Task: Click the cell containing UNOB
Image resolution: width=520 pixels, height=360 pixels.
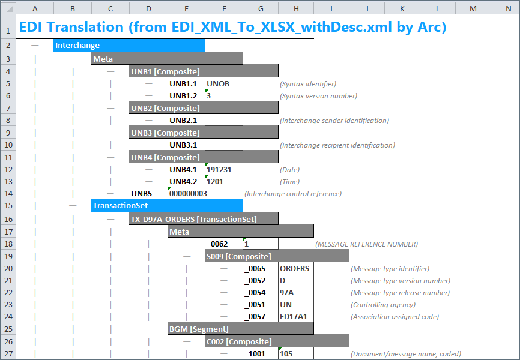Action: pos(224,83)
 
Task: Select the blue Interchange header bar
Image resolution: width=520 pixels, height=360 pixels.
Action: pos(129,45)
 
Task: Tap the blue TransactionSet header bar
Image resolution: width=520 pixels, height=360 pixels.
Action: pos(167,206)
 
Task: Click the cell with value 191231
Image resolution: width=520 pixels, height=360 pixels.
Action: pos(224,169)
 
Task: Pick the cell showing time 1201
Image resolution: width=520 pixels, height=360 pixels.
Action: pos(224,181)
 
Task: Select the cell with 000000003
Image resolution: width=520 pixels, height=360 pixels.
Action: pos(188,194)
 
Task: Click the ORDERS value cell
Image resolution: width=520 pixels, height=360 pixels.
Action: pos(296,269)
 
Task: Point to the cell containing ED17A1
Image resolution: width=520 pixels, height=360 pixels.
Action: pos(296,317)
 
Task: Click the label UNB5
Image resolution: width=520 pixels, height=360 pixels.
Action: pos(141,194)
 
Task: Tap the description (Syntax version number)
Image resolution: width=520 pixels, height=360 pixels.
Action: pos(318,96)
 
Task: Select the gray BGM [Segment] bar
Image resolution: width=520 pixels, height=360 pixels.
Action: pos(240,329)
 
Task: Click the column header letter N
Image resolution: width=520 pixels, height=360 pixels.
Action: pos(508,9)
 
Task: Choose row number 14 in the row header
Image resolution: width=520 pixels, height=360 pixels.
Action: pos(8,194)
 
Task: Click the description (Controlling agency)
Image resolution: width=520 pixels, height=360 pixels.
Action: pos(382,305)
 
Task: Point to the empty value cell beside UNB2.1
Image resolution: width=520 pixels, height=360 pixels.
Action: pos(224,121)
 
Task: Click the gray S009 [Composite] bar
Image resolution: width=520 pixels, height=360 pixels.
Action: pos(277,256)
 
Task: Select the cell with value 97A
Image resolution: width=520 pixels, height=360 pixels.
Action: pos(296,292)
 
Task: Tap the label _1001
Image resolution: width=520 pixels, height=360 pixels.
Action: pos(255,354)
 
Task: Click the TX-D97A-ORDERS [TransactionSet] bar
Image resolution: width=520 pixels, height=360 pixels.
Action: pos(204,219)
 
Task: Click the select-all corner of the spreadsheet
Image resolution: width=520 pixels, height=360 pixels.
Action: pos(8,8)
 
